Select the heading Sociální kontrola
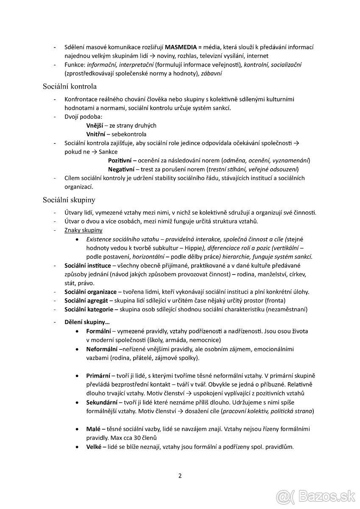(x=70, y=87)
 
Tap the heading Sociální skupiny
(x=69, y=199)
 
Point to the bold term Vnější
(x=95, y=126)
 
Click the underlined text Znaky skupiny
(x=83, y=230)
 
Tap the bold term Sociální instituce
(x=87, y=266)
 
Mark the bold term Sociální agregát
(x=86, y=301)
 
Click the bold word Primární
(x=98, y=376)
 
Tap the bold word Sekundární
(x=101, y=402)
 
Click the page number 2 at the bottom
(x=180, y=475)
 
